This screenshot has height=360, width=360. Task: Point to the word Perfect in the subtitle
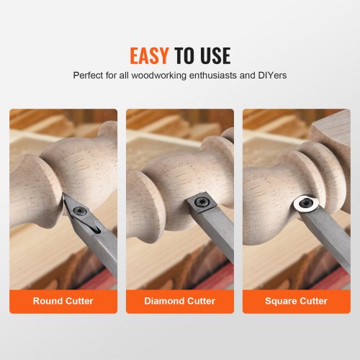pyautogui.click(x=89, y=75)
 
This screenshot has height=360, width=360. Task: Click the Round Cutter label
pyautogui.click(x=63, y=301)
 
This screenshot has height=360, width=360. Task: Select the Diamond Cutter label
pyautogui.click(x=180, y=301)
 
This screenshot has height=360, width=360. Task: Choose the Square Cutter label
pyautogui.click(x=296, y=301)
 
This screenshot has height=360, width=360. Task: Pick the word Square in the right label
pyautogui.click(x=282, y=301)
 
